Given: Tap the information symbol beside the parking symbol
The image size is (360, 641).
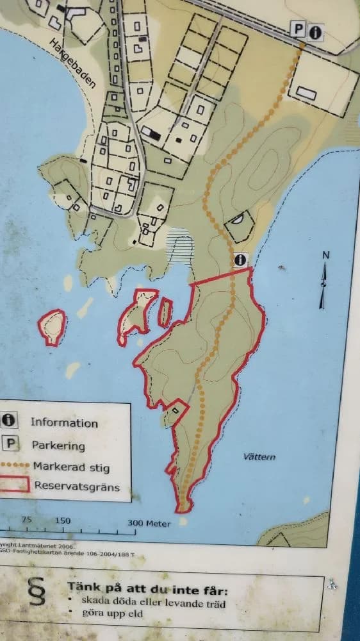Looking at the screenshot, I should pyautogui.click(x=315, y=32).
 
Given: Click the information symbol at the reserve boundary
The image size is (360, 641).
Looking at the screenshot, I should pyautogui.click(x=240, y=260).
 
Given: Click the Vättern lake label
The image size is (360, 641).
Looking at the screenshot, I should pyautogui.click(x=259, y=456).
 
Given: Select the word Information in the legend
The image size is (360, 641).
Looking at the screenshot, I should pyautogui.click(x=64, y=422).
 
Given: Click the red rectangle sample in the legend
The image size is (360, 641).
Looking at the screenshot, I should pyautogui.click(x=14, y=484).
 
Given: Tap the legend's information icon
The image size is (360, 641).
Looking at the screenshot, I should pyautogui.click(x=9, y=420).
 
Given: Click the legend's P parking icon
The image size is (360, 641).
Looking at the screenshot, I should pyautogui.click(x=11, y=443).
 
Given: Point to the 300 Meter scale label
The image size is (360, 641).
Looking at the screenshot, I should pyautogui.click(x=149, y=523).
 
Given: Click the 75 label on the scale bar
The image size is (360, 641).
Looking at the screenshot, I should pyautogui.click(x=27, y=520).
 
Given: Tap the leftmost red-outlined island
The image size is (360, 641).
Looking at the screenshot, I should pyautogui.click(x=52, y=326).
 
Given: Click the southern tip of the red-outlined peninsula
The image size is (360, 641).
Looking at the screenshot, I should pyautogui.click(x=184, y=508).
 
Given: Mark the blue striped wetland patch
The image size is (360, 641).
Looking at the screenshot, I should pyautogui.click(x=180, y=247).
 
